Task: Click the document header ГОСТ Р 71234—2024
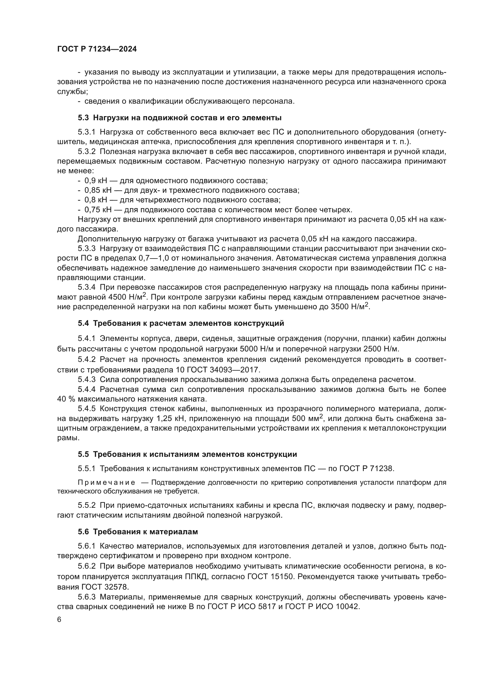point(97,49)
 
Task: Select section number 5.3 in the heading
point(83,118)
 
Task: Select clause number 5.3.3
point(87,249)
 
